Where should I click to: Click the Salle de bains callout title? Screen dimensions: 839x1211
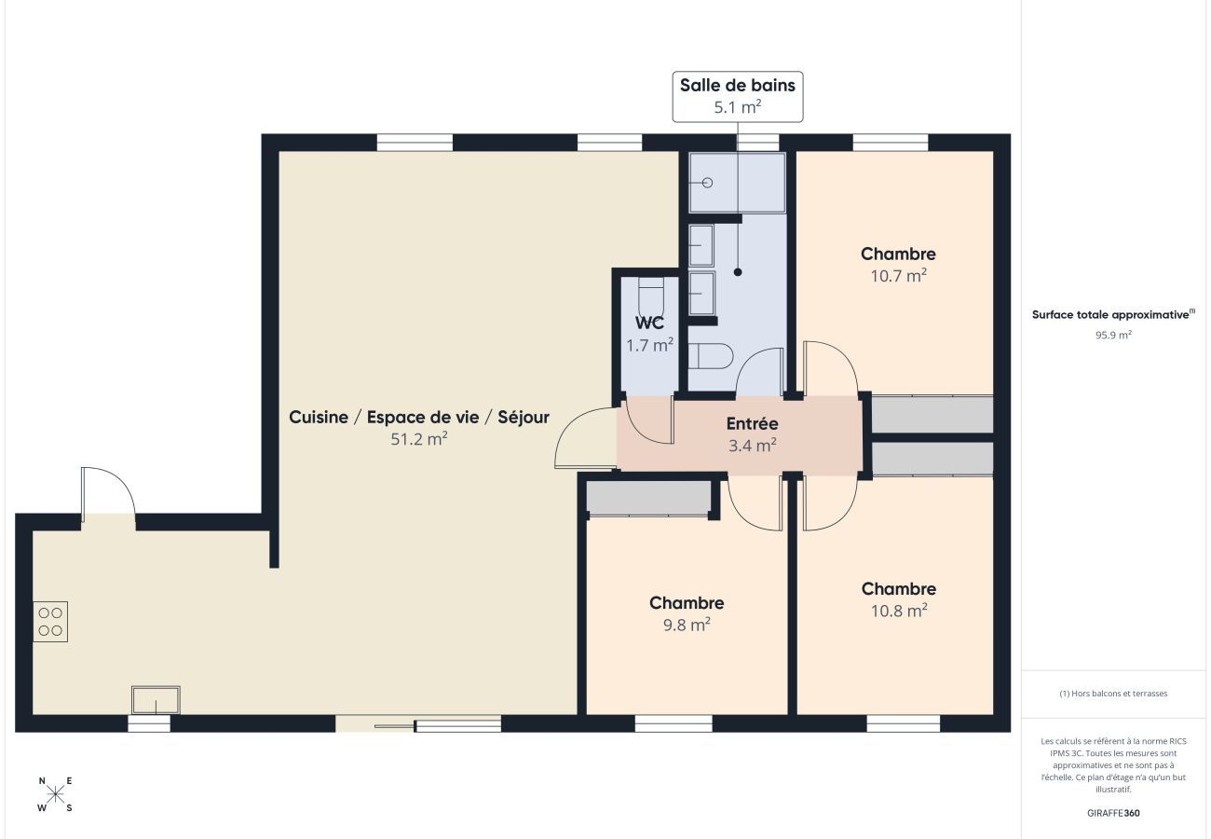coord(737,86)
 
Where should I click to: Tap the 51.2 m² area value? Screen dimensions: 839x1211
coord(418,439)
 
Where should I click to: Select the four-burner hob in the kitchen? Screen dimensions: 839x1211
coord(50,622)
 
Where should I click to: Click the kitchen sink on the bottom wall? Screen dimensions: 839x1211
coord(156,699)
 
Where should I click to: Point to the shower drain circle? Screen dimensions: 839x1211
coord(707,183)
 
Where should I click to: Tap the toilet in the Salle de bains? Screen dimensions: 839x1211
coord(715,356)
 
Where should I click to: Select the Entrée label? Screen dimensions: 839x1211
coord(752,424)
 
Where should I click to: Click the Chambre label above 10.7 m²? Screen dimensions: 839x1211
coord(898,254)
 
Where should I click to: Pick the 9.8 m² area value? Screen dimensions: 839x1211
coord(687,626)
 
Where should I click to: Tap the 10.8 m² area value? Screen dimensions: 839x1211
coord(898,612)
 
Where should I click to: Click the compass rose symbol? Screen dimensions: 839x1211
coord(55,794)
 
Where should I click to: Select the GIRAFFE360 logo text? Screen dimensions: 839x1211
coord(1113,813)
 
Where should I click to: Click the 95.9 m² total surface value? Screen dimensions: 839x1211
coord(1113,335)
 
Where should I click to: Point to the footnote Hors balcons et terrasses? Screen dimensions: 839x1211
coord(1113,694)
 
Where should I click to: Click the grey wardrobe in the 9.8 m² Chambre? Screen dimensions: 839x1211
coord(648,497)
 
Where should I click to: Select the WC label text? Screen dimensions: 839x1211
coord(649,323)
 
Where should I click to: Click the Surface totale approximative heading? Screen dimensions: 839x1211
coord(1112,315)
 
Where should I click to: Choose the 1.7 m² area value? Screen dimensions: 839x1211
coord(649,345)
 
